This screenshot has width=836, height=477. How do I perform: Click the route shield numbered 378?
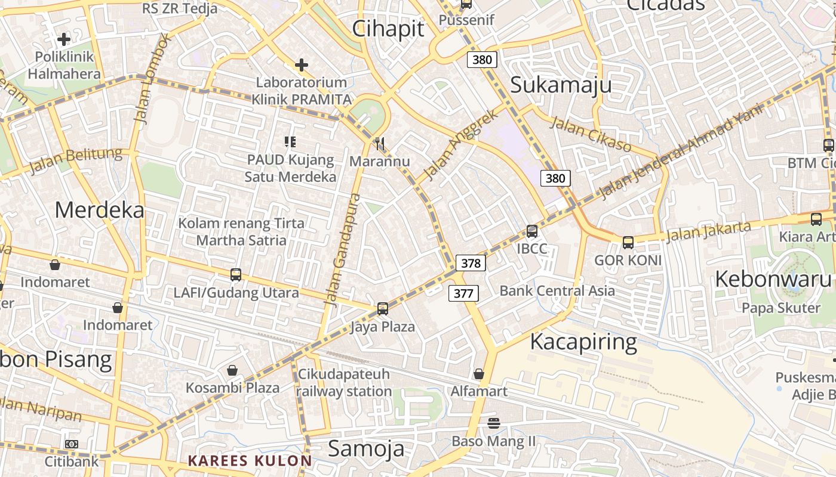tap(471, 263)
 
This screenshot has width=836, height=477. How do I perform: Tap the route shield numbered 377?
tap(463, 293)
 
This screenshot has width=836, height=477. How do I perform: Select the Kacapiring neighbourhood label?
tap(583, 342)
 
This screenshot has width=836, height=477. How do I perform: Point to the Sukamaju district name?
tap(561, 85)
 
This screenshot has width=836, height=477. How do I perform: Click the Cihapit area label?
tap(388, 29)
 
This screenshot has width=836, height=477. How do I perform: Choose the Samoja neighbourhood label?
tap(366, 448)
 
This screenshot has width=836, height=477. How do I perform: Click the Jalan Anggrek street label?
tap(460, 145)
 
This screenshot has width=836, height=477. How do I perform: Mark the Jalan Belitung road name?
tap(75, 160)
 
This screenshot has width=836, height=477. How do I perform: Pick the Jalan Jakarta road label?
tap(708, 231)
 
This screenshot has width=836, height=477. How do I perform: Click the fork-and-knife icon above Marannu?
tap(379, 144)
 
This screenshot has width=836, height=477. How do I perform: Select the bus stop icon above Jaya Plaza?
tap(383, 309)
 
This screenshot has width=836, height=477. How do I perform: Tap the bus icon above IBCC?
tap(531, 231)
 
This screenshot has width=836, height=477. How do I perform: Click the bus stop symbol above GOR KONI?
tap(628, 243)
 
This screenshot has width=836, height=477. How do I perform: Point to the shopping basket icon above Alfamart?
tap(478, 374)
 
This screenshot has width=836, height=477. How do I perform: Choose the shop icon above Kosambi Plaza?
tap(232, 370)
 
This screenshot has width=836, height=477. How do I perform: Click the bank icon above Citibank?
tap(72, 444)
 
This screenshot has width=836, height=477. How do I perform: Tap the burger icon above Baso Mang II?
tap(493, 423)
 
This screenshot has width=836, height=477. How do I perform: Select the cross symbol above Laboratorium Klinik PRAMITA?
tap(302, 64)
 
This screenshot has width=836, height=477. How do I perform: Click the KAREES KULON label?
tap(250, 460)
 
